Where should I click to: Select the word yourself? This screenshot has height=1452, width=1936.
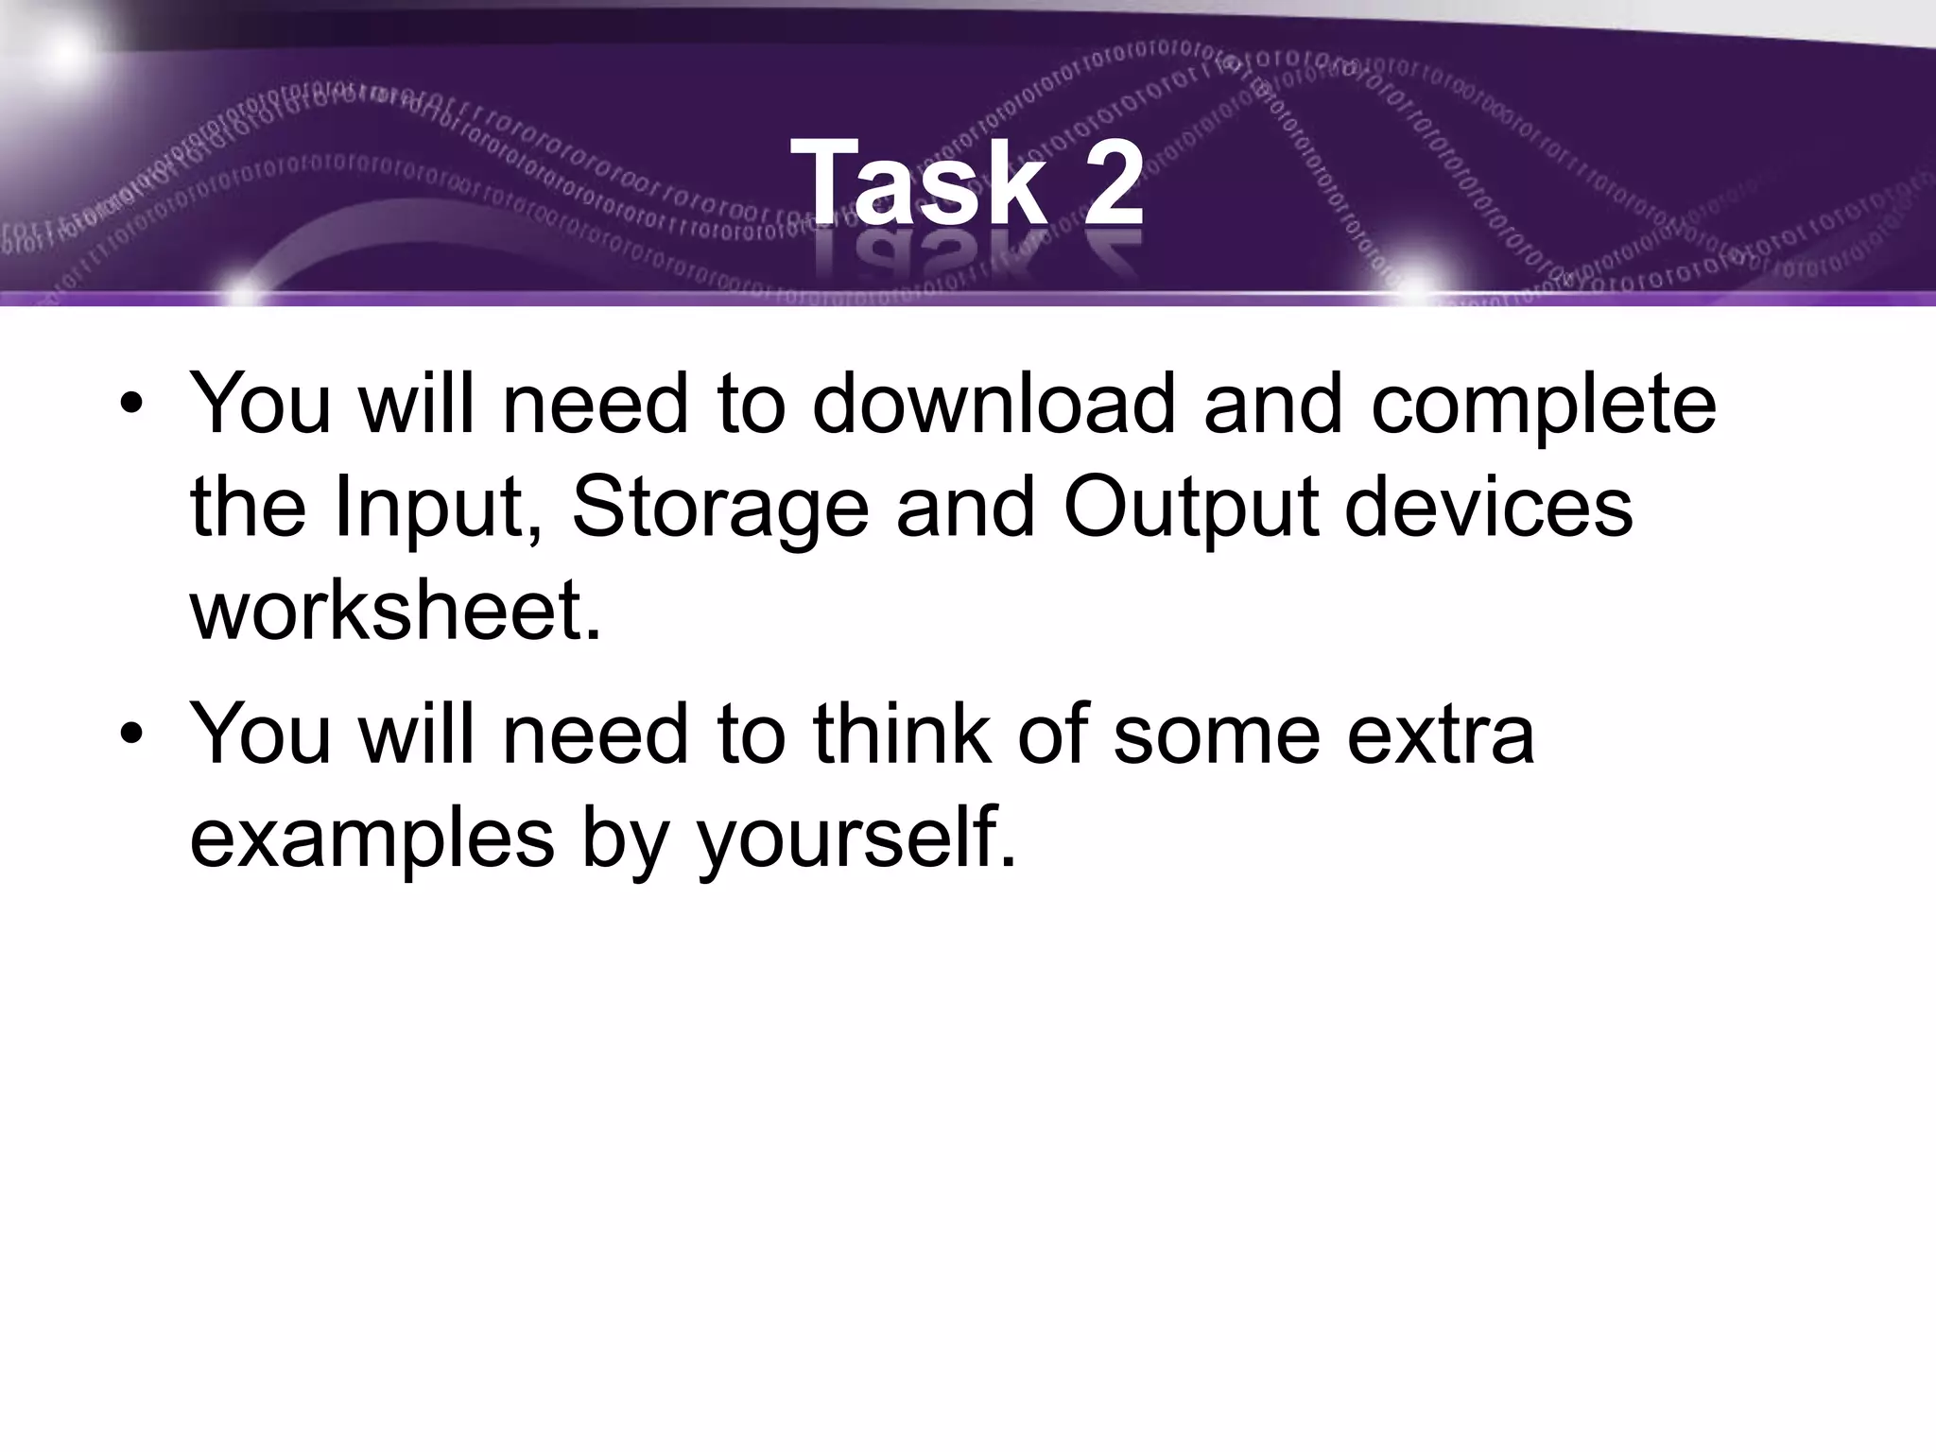pyautogui.click(x=856, y=839)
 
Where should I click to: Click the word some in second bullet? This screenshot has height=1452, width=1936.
pyautogui.click(x=1216, y=735)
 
